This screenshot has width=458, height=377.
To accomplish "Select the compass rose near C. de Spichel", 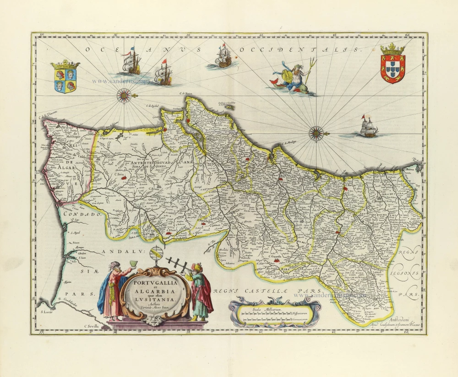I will coord(124,95).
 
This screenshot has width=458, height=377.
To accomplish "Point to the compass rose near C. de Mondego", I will coord(316,133).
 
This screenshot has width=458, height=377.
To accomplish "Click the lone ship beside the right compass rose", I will coord(368,128).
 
